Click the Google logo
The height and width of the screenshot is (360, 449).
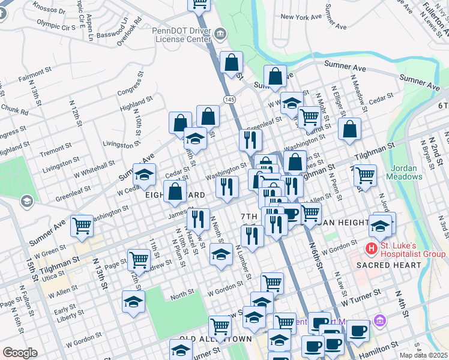[20, 353]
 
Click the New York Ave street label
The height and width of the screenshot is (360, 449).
[301, 17]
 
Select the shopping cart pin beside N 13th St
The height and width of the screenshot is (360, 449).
[82, 226]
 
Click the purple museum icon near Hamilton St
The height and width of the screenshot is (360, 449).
[379, 322]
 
